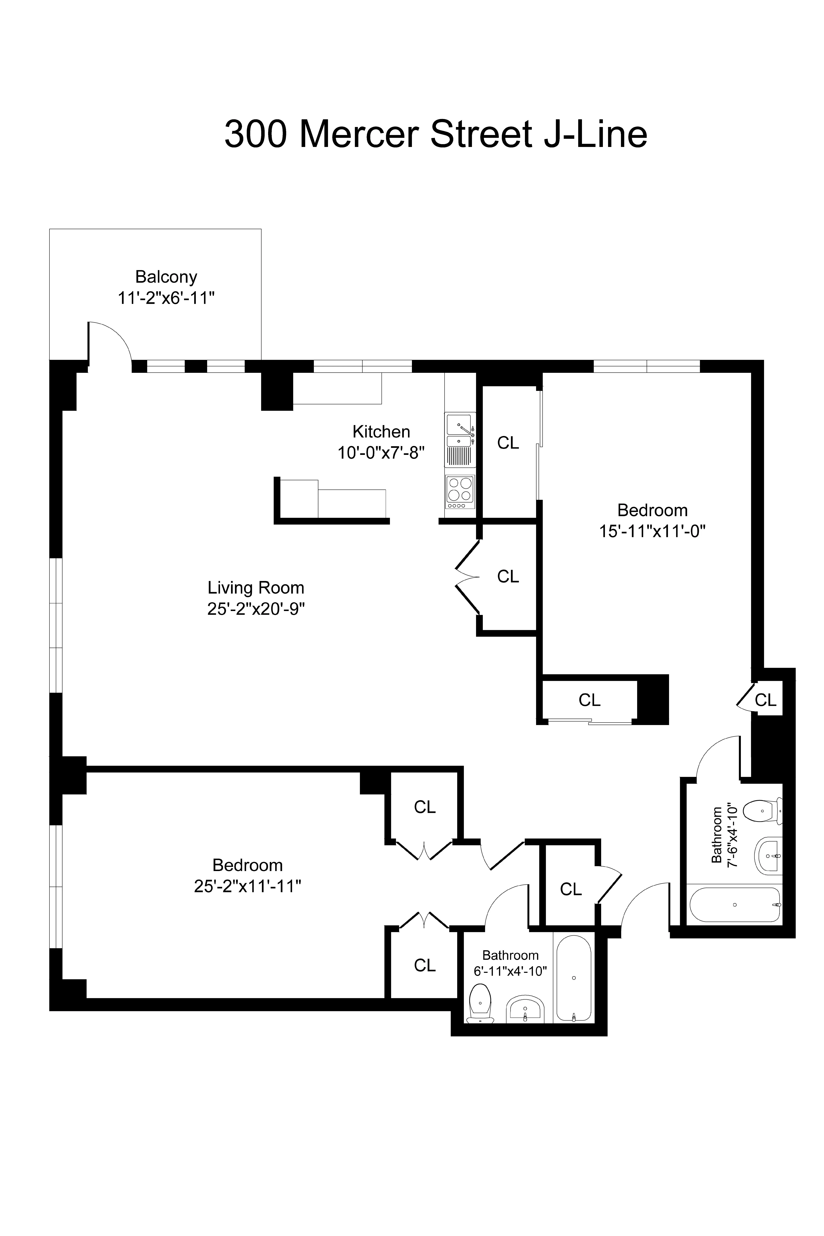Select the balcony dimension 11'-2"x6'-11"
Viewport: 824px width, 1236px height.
[x=166, y=298]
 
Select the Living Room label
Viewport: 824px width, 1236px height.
[x=256, y=588]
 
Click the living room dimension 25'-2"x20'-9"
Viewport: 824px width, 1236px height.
[x=256, y=609]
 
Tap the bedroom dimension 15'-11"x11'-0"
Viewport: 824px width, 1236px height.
[x=652, y=531]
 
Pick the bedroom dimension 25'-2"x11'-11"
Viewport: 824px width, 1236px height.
[x=248, y=887]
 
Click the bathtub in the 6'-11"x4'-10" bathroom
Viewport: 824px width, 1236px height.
[x=574, y=979]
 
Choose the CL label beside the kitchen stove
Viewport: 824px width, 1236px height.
[x=508, y=443]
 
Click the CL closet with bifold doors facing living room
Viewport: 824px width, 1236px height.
[x=508, y=577]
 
